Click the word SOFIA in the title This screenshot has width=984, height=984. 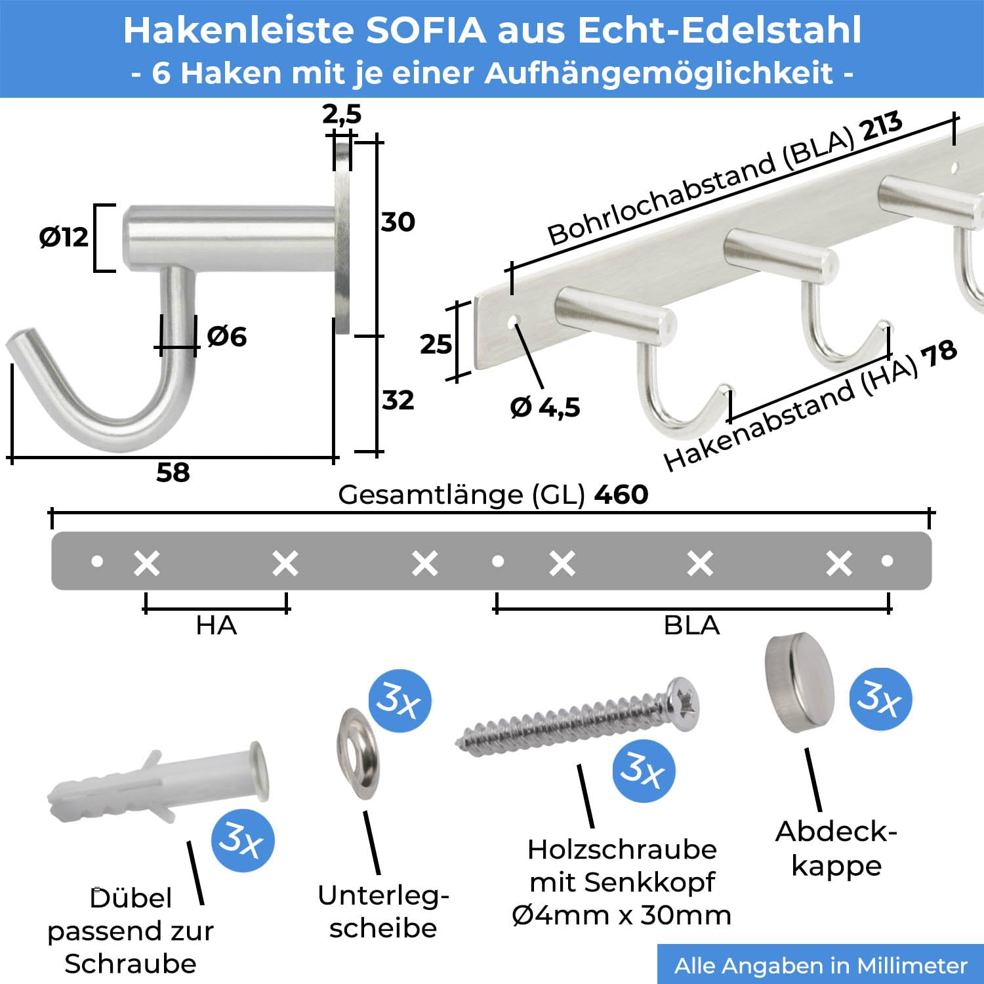426,30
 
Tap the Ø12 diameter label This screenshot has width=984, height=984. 64,237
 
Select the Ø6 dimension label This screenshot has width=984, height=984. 227,337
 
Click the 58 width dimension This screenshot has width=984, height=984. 173,472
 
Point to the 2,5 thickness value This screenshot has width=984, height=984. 342,114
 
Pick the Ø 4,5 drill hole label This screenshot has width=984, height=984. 545,407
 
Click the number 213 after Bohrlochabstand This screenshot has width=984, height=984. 882,127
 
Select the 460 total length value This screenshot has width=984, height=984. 621,494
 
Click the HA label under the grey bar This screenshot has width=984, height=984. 216,625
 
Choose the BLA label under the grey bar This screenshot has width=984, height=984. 692,625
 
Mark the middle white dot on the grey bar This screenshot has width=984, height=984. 498,561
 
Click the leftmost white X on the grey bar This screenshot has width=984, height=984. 146,564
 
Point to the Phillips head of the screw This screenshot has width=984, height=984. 683,705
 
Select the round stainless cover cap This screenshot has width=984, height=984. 800,682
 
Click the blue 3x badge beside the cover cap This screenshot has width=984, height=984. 881,699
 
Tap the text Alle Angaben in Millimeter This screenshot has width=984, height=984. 821,966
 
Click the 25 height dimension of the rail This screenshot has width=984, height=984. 436,344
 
